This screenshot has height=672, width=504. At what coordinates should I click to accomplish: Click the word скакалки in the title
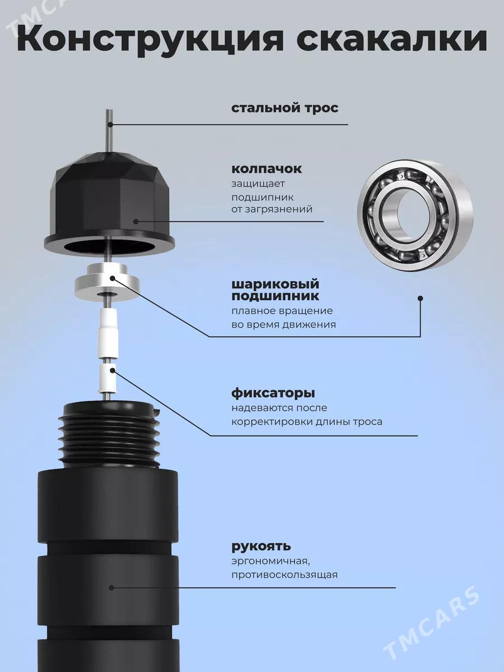391,39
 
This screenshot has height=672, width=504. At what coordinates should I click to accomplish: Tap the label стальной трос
284,109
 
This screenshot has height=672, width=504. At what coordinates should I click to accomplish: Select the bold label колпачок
267,169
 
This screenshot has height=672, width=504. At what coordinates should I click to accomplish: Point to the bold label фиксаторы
273,394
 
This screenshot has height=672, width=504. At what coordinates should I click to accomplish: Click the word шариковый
275,284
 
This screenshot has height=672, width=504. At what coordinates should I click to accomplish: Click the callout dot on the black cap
136,221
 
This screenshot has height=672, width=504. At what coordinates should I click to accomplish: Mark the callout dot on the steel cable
111,125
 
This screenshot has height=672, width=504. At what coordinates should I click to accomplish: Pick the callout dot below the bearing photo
421,298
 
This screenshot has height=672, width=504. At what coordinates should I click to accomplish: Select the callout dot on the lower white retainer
113,371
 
